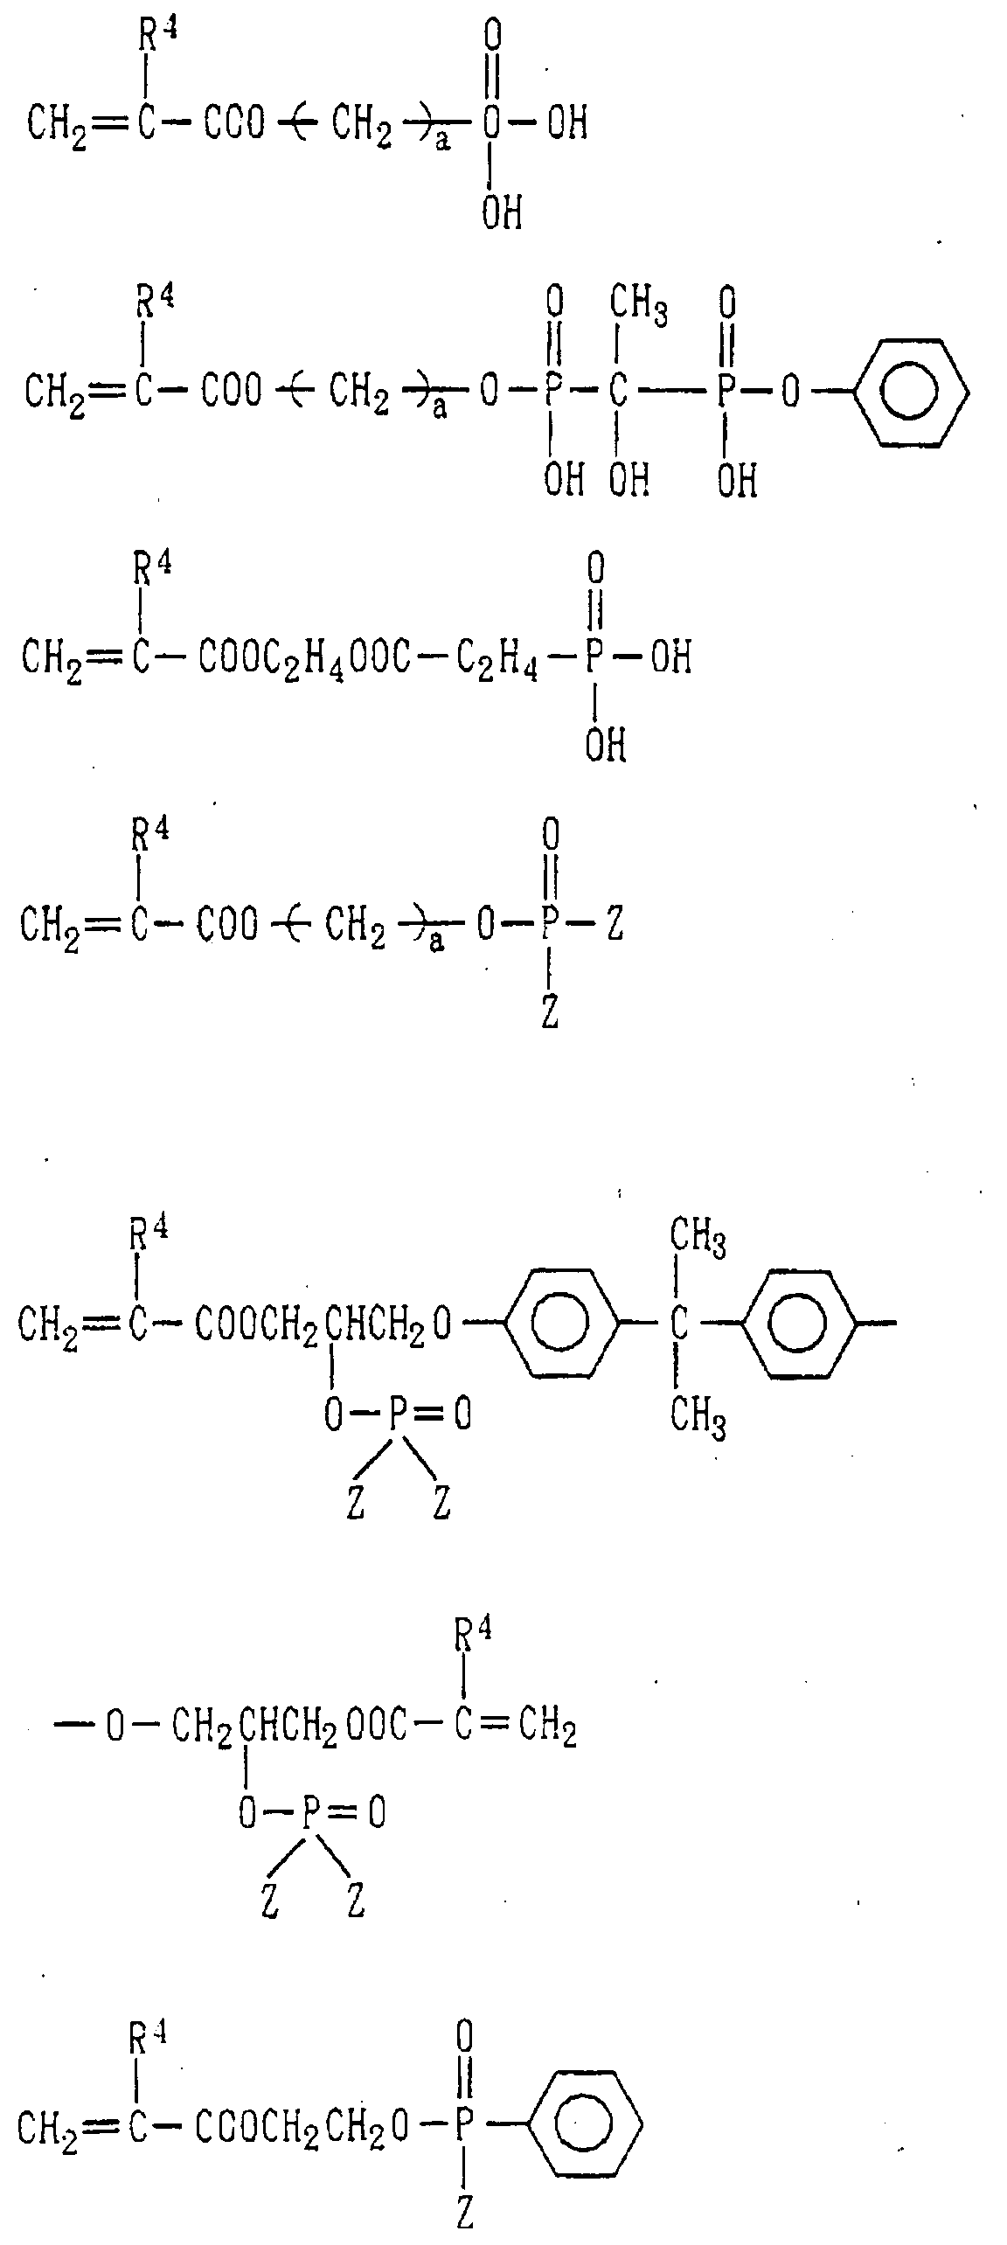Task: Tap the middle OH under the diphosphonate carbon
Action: click(629, 478)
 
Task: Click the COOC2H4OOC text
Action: click(304, 657)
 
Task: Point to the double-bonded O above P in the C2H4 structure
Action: click(595, 569)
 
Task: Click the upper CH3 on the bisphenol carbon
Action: click(698, 1240)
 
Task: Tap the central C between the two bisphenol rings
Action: click(679, 1325)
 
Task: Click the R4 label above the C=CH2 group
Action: click(473, 1636)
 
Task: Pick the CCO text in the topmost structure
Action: click(233, 123)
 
